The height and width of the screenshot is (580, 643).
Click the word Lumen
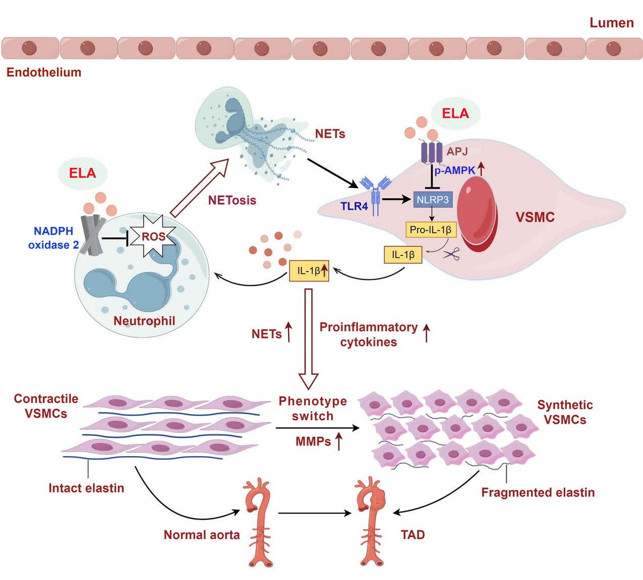click(x=611, y=23)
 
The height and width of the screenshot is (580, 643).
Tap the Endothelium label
click(x=44, y=72)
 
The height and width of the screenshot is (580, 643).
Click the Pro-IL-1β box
click(x=431, y=230)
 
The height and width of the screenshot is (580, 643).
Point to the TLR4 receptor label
click(x=354, y=206)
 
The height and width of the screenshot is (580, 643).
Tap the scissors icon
click(x=451, y=255)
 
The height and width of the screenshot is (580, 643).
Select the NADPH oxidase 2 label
click(x=53, y=238)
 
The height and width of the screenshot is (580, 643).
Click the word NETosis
click(x=232, y=200)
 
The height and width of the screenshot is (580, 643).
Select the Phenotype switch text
click(x=312, y=408)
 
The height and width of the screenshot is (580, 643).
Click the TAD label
click(x=413, y=534)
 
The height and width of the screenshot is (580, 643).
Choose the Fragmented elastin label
click(x=537, y=492)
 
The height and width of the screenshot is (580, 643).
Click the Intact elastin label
click(x=86, y=488)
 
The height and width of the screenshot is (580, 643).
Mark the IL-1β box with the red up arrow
click(x=309, y=271)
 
